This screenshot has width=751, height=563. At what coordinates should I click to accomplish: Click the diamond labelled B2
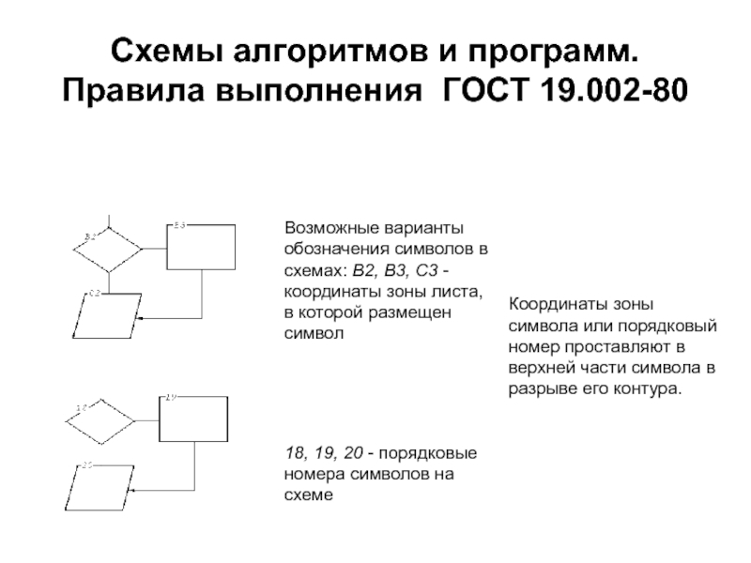pos(109,250)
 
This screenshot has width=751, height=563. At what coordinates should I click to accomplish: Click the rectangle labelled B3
pos(201,246)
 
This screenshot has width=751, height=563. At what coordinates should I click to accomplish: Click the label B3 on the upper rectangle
pos(180,225)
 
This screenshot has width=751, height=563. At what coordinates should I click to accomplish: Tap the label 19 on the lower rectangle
pos(171,398)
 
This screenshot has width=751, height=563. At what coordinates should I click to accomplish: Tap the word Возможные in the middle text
pos(330,228)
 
